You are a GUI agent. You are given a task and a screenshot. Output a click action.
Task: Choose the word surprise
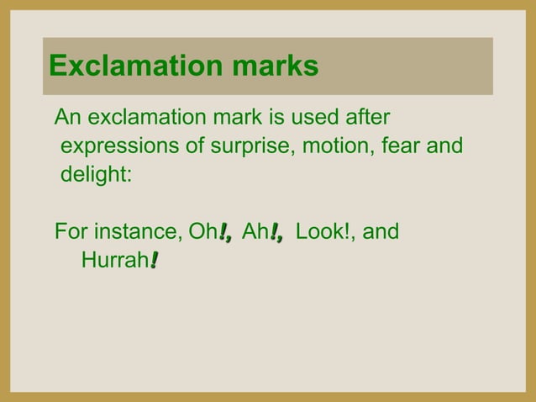click(240, 147)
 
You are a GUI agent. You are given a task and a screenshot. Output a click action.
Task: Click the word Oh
click(203, 230)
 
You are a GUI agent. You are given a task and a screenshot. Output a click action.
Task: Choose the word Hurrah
click(114, 262)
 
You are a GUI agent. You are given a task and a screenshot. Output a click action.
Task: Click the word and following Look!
click(381, 230)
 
